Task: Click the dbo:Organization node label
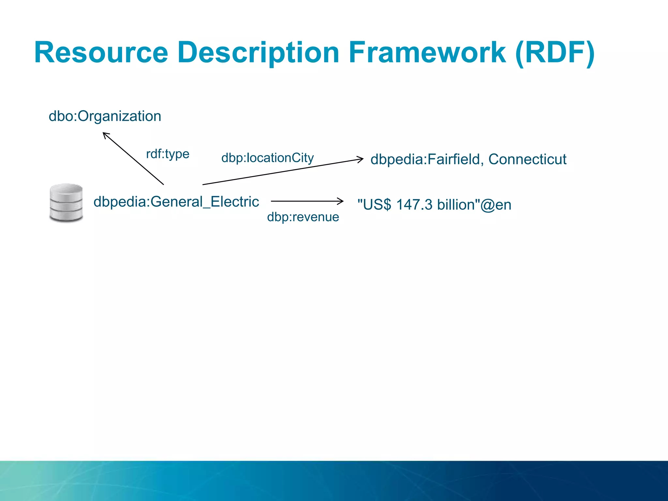pyautogui.click(x=105, y=116)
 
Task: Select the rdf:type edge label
pyautogui.click(x=168, y=154)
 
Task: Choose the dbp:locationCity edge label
pyautogui.click(x=267, y=158)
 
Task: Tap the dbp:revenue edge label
pyautogui.click(x=303, y=217)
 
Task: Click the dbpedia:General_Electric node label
pyautogui.click(x=176, y=202)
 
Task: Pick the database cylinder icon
pyautogui.click(x=66, y=203)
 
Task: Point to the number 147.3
pyautogui.click(x=414, y=205)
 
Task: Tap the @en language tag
pyautogui.click(x=496, y=205)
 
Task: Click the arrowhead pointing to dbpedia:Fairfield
pyautogui.click(x=361, y=159)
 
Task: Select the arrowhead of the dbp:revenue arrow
pyautogui.click(x=341, y=201)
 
